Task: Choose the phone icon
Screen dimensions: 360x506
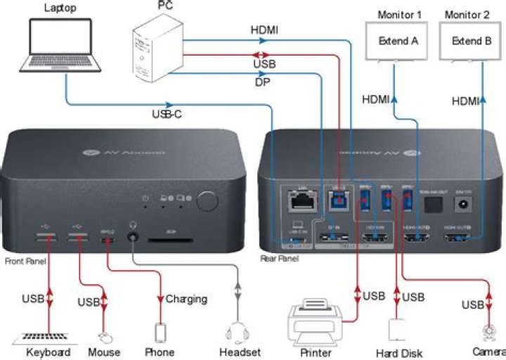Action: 162,333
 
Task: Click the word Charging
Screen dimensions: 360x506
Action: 186,299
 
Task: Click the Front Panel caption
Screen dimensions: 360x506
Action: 25,261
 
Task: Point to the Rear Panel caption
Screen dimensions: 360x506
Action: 279,259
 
